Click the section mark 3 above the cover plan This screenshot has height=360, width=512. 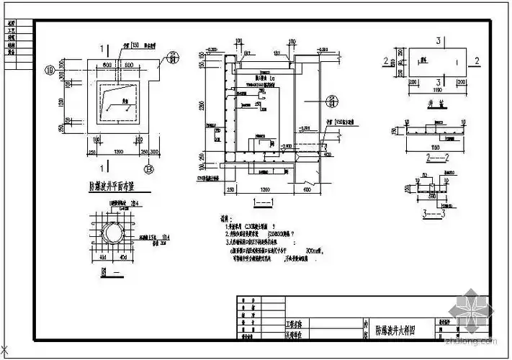click(439, 40)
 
